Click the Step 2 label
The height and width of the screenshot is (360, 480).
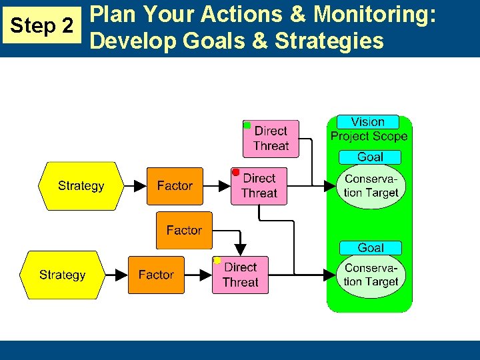pyautogui.click(x=43, y=26)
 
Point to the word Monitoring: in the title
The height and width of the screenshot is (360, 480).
pyautogui.click(x=375, y=14)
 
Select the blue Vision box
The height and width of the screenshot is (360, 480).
pyautogui.click(x=367, y=122)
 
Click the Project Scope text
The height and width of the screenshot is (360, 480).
pyautogui.click(x=369, y=137)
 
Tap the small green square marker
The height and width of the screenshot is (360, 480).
pyautogui.click(x=247, y=125)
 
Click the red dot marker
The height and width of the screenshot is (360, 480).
pyautogui.click(x=235, y=172)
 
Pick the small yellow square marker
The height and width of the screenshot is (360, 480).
pyautogui.click(x=217, y=260)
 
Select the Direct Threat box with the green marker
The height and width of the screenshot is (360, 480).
pyautogui.click(x=271, y=139)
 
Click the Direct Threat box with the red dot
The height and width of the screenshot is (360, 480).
pyautogui.click(x=259, y=186)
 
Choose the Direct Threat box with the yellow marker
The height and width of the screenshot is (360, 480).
pyautogui.click(x=240, y=275)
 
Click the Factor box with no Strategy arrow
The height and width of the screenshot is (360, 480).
pyautogui.click(x=184, y=230)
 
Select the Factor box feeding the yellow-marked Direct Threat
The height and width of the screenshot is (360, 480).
pyautogui.click(x=156, y=275)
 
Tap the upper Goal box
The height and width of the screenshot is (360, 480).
pyautogui.click(x=370, y=157)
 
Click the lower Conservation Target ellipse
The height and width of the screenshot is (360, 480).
pyautogui.click(x=371, y=275)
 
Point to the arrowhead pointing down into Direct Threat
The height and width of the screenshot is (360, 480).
pyautogui.click(x=241, y=249)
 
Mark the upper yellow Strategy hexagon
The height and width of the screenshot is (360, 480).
pyautogui.click(x=81, y=186)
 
